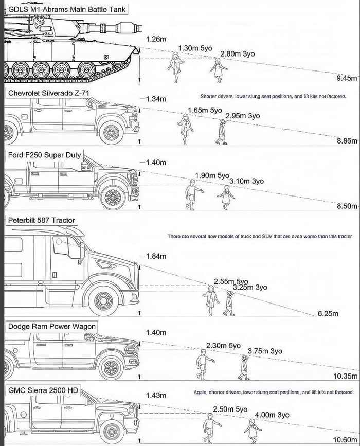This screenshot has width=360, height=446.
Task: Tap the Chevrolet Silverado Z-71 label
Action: (49, 93)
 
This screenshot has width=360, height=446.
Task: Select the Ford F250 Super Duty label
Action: (45, 155)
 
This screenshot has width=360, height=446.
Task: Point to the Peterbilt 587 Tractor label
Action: (41, 220)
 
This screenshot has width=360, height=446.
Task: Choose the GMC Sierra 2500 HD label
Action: (43, 390)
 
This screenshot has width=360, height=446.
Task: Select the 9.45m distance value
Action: (346, 78)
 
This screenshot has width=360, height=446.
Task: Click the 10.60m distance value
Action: (345, 439)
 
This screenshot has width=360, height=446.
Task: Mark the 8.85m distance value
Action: (347, 140)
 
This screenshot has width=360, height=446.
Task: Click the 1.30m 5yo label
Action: (195, 48)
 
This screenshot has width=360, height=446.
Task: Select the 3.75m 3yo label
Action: (265, 351)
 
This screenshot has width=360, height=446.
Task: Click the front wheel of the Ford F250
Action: (113, 197)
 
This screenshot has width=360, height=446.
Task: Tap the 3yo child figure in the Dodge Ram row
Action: (244, 367)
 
